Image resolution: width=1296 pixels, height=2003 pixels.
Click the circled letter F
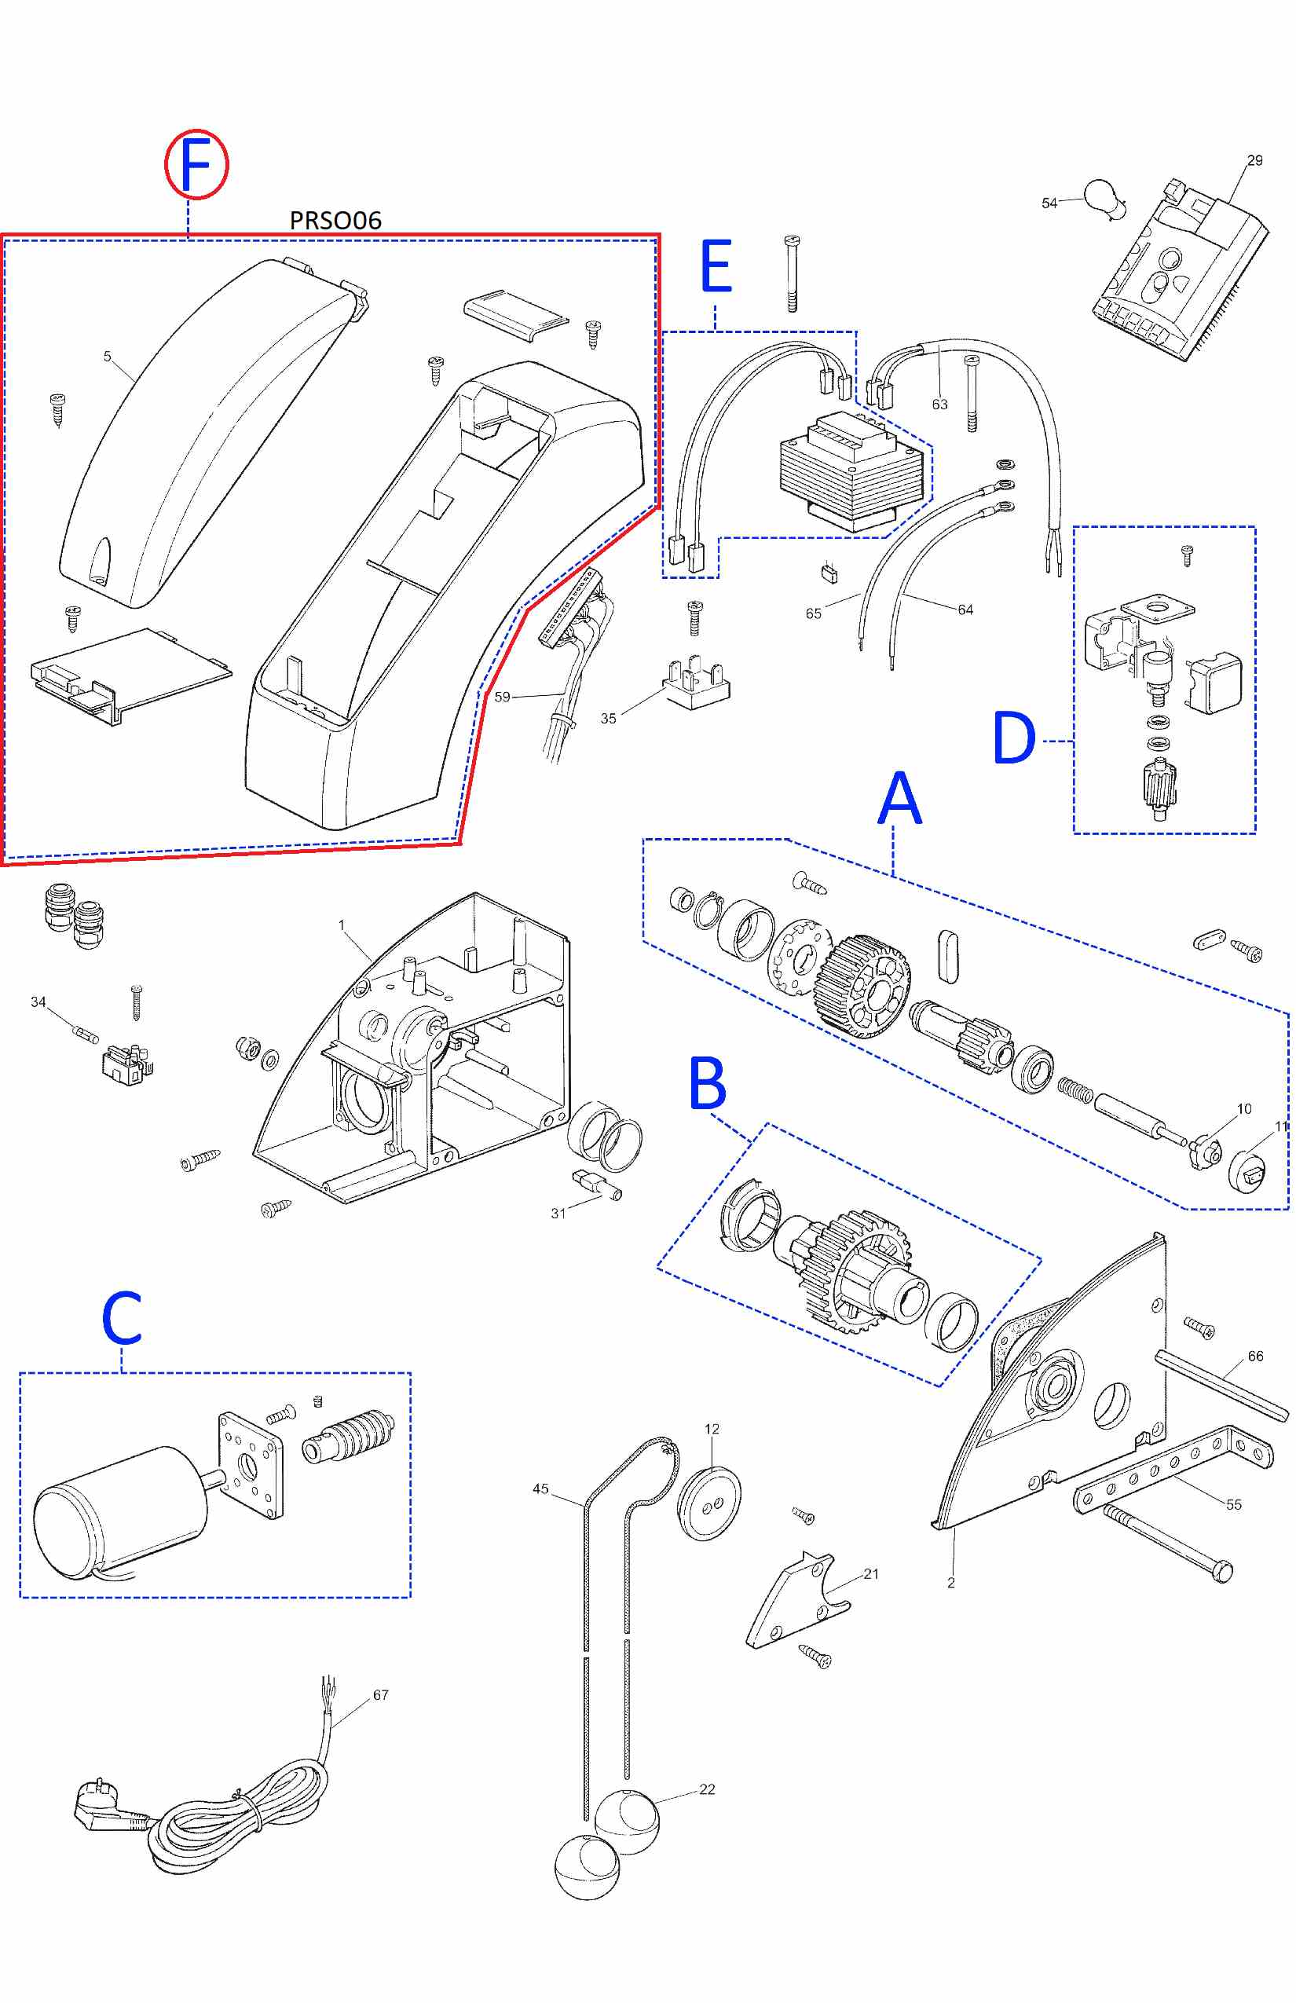196,165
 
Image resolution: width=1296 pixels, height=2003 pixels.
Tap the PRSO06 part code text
335,221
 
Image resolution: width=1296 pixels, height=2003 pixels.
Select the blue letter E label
716,267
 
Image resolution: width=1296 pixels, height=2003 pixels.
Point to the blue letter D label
1013,738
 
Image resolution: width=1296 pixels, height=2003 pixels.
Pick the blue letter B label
707,1085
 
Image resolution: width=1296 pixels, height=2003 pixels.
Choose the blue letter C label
122,1318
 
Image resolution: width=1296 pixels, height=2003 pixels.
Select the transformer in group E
855,474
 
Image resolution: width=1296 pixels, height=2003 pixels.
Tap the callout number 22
707,1789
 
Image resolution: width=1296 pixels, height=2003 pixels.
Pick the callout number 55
1233,1504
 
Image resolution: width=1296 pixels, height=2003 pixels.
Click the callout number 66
1255,1356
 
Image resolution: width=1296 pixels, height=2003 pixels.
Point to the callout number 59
502,697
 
